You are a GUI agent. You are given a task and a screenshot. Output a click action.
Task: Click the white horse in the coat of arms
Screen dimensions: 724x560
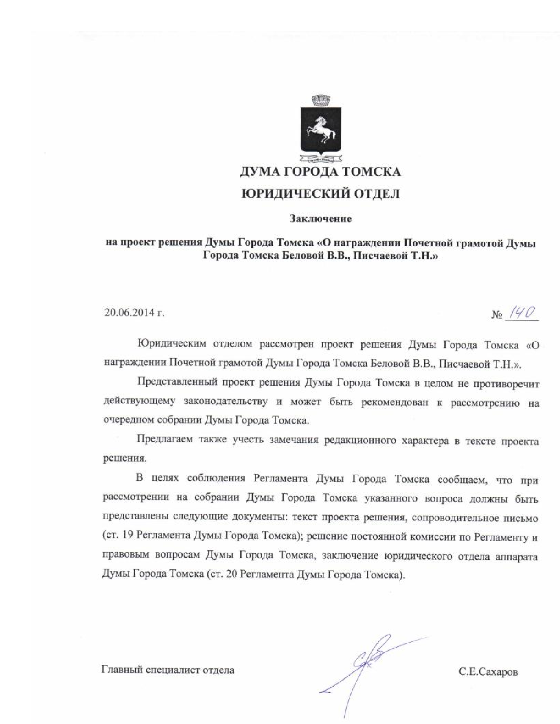[322, 130]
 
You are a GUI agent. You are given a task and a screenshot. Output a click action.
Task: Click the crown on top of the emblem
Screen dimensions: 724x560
[321, 100]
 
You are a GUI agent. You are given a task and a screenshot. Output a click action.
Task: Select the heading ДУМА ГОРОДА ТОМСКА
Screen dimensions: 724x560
[320, 172]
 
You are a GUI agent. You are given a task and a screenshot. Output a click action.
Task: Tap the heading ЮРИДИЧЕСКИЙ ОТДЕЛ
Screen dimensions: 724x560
[321, 194]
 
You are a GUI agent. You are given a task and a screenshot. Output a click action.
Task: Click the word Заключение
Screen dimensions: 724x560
[320, 218]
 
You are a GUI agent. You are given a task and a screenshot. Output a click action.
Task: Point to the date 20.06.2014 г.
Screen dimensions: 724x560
[134, 313]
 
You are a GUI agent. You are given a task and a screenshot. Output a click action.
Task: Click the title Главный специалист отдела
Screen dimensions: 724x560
[168, 670]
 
